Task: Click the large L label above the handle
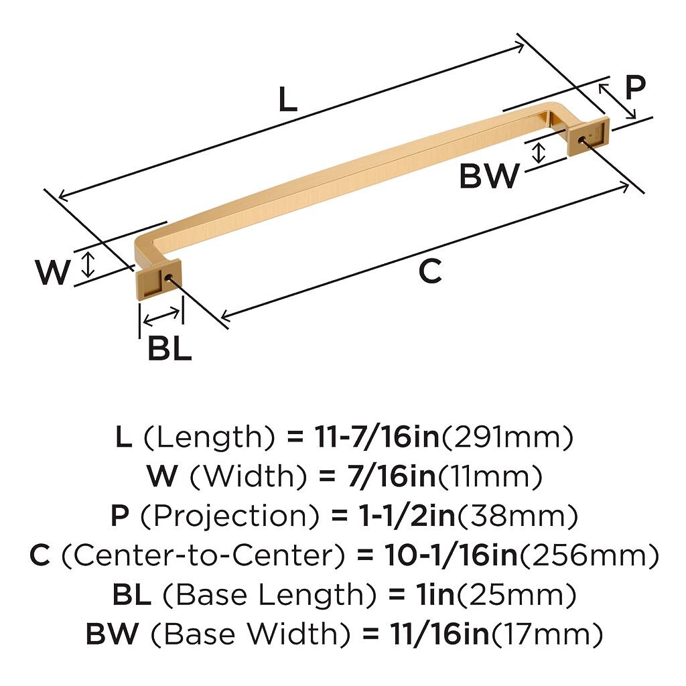click(x=288, y=99)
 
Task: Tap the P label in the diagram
click(x=635, y=88)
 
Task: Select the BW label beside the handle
click(x=489, y=176)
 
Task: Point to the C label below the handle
click(x=429, y=271)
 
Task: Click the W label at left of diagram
click(x=52, y=272)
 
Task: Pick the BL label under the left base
click(x=169, y=348)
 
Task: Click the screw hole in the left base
click(x=167, y=277)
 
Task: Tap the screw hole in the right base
click(x=581, y=140)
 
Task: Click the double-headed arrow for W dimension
click(x=89, y=264)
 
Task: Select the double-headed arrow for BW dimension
click(x=539, y=153)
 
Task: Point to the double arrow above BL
click(x=161, y=317)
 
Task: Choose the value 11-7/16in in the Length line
click(x=376, y=437)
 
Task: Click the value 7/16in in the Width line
click(x=391, y=476)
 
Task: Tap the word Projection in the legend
click(x=229, y=516)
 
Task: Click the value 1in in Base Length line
click(x=433, y=595)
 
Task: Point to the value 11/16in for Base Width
click(x=439, y=634)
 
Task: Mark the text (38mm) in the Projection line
click(x=518, y=517)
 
